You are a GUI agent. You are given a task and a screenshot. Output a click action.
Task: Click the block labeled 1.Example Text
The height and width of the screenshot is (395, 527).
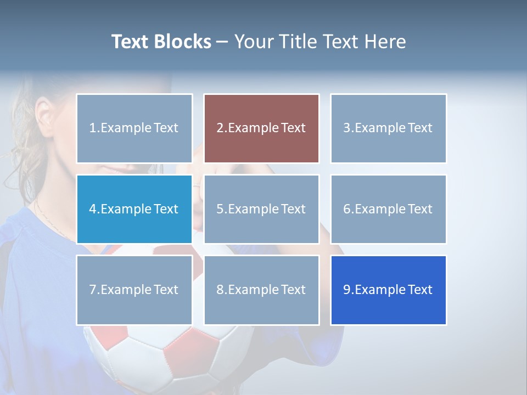134,128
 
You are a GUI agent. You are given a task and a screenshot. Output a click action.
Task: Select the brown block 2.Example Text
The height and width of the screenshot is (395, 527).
261,128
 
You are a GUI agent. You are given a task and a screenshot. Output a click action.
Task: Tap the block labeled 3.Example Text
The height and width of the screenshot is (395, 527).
388,128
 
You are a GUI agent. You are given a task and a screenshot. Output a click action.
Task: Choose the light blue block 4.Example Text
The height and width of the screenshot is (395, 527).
134,209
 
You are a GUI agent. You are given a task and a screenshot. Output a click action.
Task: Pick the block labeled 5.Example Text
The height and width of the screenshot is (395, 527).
261,209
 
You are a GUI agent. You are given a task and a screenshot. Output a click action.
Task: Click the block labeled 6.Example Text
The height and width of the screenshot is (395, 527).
388,209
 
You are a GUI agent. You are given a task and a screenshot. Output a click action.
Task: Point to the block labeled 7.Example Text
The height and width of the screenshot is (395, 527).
134,290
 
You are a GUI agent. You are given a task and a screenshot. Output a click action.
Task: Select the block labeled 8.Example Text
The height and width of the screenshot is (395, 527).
261,290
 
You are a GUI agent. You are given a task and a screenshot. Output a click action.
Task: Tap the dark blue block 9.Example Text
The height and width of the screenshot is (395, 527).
388,290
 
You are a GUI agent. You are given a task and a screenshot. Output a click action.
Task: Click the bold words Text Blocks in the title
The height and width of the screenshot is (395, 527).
161,42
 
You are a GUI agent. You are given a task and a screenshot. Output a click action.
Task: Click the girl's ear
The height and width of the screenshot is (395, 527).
43,112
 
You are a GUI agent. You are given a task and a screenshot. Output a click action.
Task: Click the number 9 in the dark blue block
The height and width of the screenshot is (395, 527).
347,290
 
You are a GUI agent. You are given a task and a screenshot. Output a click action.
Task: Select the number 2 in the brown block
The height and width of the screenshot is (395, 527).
220,128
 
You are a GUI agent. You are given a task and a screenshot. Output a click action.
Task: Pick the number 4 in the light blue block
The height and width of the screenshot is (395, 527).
93,209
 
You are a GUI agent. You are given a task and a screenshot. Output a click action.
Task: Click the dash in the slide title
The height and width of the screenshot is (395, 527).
222,42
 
